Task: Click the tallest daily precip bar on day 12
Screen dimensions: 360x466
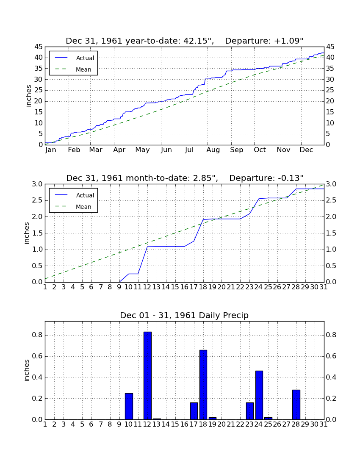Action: (148, 375)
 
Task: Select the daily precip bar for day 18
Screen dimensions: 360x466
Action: (203, 385)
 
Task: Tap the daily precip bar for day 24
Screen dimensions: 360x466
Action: (259, 395)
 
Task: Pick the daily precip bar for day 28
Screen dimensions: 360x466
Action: (296, 405)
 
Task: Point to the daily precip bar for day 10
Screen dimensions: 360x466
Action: (129, 406)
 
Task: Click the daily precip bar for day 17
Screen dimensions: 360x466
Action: (194, 411)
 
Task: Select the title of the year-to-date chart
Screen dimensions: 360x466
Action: (185, 41)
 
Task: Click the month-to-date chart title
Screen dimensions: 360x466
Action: (185, 178)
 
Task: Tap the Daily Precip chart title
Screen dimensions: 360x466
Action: (184, 315)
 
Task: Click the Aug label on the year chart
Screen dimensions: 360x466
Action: (213, 150)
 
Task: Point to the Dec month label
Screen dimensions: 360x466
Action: (306, 150)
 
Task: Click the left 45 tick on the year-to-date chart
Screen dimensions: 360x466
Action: (39, 47)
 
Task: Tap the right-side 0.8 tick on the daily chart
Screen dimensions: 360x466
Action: (331, 335)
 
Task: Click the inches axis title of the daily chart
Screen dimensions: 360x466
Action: (27, 370)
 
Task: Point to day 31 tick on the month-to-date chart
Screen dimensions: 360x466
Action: (324, 287)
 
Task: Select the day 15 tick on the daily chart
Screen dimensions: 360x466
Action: (175, 424)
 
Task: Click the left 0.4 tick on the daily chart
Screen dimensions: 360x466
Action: (37, 377)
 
